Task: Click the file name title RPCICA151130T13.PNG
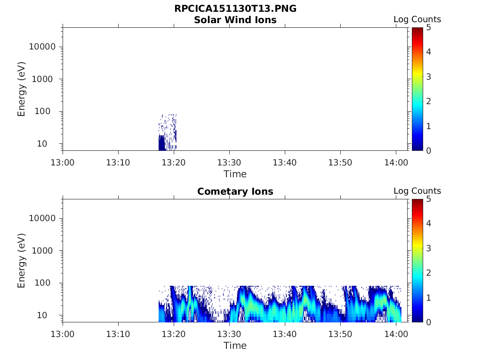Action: tap(235, 8)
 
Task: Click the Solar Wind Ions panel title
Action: tap(235, 20)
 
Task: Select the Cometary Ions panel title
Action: tap(235, 191)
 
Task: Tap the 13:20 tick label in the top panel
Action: tap(174, 162)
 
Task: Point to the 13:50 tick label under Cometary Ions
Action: tap(340, 334)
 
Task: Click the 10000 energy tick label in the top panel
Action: tap(42, 47)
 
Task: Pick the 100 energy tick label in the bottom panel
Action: tap(42, 283)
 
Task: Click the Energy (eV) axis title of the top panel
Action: tap(21, 89)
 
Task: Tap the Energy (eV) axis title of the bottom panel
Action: tap(21, 261)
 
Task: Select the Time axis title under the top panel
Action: tap(235, 174)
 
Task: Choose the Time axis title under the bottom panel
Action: tap(235, 346)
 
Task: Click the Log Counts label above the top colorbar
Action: tap(417, 19)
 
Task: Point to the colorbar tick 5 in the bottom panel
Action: tap(428, 199)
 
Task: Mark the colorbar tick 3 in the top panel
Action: tap(428, 77)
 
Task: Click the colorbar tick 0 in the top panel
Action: tap(428, 151)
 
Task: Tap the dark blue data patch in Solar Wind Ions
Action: tap(162, 143)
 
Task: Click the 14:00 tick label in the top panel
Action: tap(396, 162)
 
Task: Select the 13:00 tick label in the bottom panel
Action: tap(63, 334)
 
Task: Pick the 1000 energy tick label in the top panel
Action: tap(42, 79)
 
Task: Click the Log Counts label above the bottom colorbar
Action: tap(417, 191)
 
